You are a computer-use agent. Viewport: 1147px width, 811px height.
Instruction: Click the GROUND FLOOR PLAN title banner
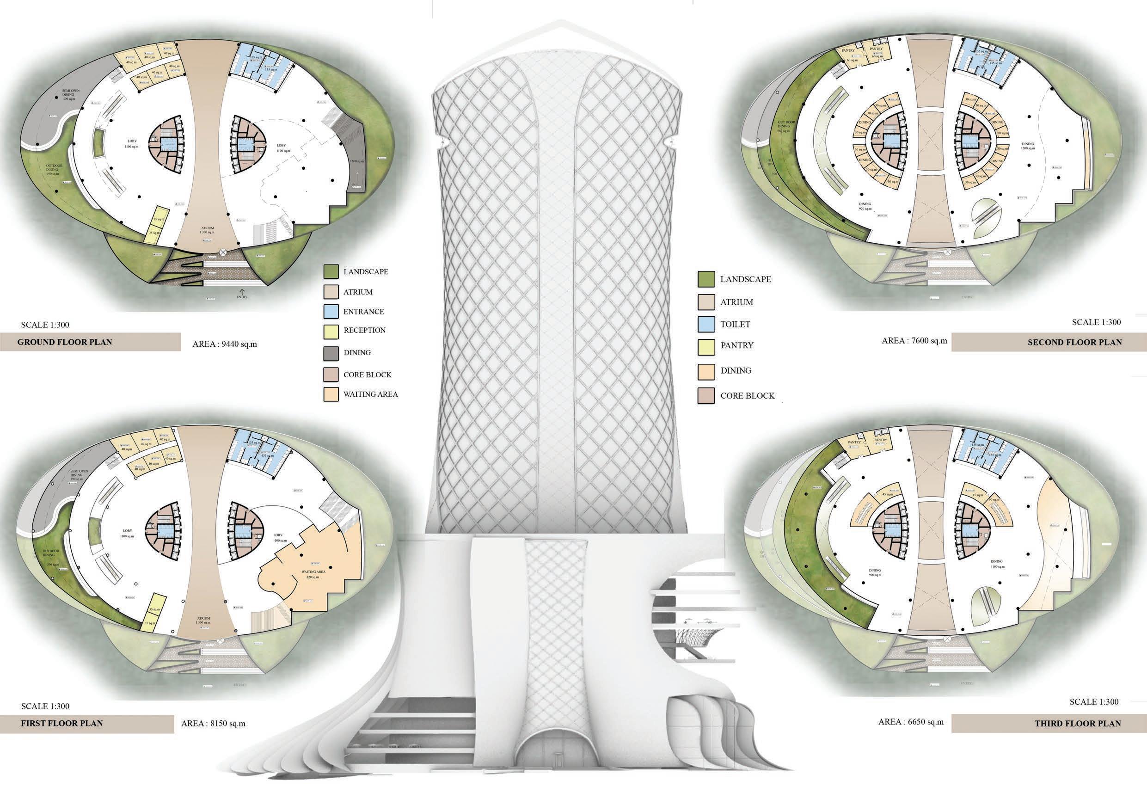tap(90, 342)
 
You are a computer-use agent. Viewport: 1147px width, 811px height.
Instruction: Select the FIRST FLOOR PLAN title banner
tap(87, 723)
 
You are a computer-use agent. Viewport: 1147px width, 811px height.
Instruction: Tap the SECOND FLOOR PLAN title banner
tap(1049, 343)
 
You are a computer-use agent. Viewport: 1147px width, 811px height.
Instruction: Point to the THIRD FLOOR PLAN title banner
tap(1049, 723)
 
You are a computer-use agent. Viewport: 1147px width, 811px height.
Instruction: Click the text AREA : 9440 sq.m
tap(225, 344)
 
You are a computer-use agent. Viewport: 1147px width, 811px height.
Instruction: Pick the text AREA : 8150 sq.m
tap(213, 723)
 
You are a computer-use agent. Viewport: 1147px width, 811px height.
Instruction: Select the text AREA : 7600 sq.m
tap(914, 341)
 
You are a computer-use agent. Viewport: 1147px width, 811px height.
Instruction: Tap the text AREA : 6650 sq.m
tap(911, 722)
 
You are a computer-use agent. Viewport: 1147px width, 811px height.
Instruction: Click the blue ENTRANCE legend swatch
tap(331, 311)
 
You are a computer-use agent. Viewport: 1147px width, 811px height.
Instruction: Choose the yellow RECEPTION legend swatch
tap(331, 330)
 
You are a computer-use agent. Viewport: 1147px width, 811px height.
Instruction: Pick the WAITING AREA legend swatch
tap(331, 394)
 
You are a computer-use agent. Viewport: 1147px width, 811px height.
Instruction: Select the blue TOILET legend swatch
tap(705, 324)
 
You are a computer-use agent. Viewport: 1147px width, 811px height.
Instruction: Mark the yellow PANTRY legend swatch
tap(705, 345)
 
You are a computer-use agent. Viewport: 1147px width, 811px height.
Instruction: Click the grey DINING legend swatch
tap(331, 352)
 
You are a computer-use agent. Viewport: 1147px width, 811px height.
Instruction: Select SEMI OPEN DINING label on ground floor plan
tap(68, 94)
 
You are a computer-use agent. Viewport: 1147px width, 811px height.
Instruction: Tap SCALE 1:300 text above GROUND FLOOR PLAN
tap(45, 325)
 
